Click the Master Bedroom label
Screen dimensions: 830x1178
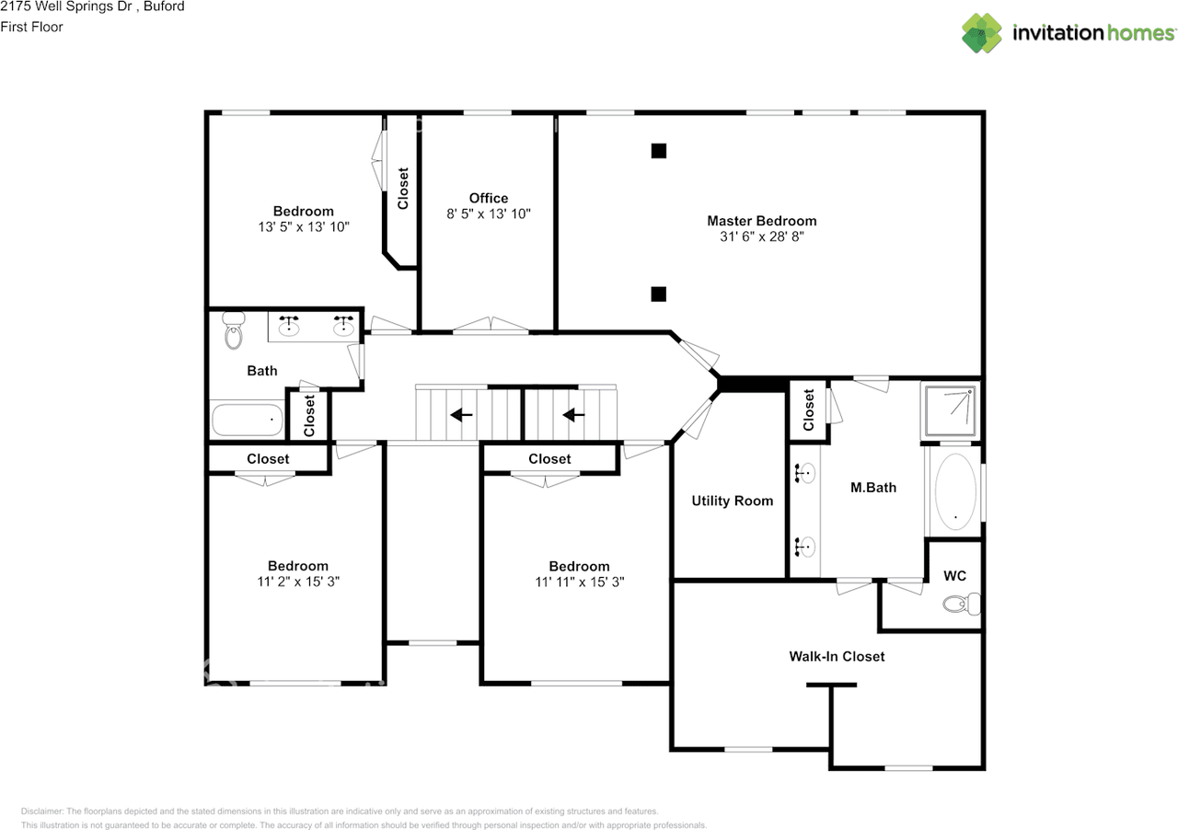[x=761, y=221]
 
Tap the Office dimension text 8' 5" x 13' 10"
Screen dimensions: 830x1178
[x=488, y=213]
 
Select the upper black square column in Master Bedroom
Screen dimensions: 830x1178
[x=658, y=151]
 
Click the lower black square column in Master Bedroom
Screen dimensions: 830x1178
[x=658, y=294]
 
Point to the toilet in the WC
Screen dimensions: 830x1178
[x=960, y=605]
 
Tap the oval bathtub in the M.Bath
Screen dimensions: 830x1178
[x=955, y=490]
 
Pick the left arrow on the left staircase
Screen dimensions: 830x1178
[x=461, y=415]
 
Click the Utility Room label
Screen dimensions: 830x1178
[x=732, y=501]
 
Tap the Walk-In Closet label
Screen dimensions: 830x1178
[x=837, y=656]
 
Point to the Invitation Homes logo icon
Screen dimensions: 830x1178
[x=982, y=32]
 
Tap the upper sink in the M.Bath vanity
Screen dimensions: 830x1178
[x=805, y=474]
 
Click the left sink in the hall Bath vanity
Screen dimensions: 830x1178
[x=290, y=325]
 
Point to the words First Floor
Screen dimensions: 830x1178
[x=31, y=27]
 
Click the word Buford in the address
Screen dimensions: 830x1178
[x=164, y=6]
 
